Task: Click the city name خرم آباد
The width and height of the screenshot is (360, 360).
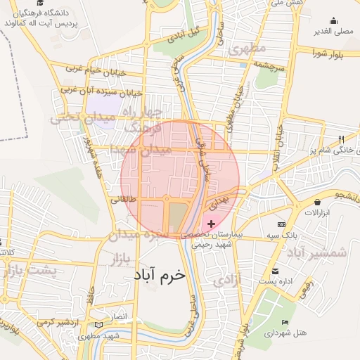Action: click(x=158, y=276)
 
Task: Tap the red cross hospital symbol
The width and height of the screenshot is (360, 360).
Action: click(x=212, y=224)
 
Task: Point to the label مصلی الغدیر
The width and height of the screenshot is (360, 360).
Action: click(x=332, y=32)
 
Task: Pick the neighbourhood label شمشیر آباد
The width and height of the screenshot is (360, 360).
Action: click(x=320, y=252)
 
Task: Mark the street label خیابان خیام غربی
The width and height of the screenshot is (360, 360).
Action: click(x=95, y=70)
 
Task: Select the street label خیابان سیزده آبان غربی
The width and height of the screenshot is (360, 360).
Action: click(x=101, y=91)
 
